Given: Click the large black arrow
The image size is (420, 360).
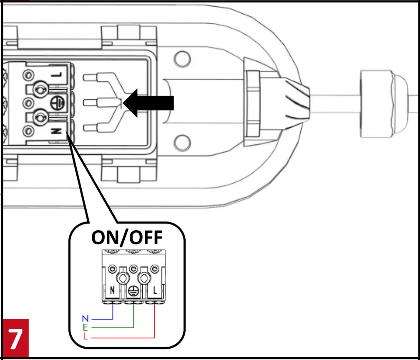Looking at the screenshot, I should click(150, 103).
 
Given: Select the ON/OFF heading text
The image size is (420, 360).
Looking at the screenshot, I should click(127, 239).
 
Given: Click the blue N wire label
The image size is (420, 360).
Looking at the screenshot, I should click(85, 319).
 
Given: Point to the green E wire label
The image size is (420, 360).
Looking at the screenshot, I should click(86, 327).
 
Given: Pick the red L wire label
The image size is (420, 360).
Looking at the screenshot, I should click(86, 337).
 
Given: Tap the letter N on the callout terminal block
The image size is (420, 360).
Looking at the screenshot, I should click(112, 290).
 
